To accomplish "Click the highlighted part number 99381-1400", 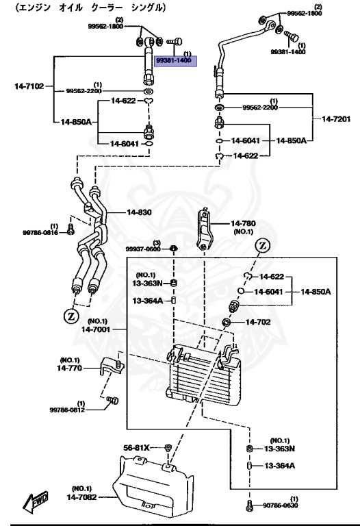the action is (174, 60).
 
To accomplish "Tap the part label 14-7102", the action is (29, 86).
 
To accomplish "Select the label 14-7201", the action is (336, 118).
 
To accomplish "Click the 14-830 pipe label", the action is (139, 212).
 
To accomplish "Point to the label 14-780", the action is (244, 223).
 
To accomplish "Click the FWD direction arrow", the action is (35, 502).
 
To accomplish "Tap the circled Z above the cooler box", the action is (263, 246).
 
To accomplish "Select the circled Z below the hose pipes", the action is (71, 316).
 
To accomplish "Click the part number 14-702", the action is (258, 322).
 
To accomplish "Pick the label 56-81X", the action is (136, 448).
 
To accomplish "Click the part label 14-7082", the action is (82, 497).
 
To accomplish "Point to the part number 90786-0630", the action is (280, 505).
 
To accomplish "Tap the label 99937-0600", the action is (143, 249).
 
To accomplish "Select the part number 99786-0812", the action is (67, 410).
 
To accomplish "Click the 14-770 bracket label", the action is (69, 368).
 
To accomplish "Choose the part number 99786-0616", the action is (40, 232).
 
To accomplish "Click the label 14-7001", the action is (96, 329).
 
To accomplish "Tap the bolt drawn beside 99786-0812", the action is (113, 400).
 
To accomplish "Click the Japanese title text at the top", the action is (90, 8).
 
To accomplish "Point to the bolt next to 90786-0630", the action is (248, 505).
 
